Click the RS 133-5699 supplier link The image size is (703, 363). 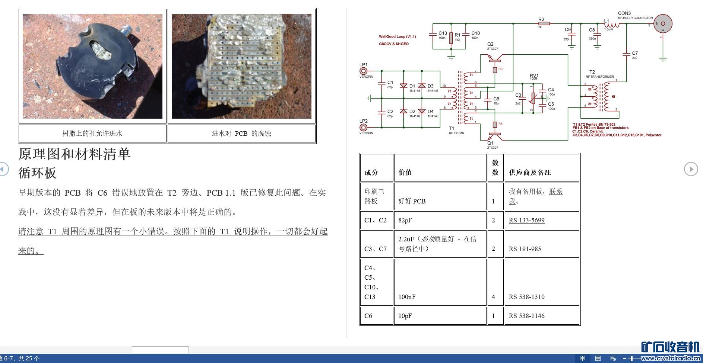[x=526, y=220]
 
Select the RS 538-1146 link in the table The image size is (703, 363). [x=526, y=316]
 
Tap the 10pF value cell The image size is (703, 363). [x=405, y=316]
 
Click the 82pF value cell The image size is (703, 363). [x=405, y=220]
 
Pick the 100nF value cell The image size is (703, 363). [x=407, y=297]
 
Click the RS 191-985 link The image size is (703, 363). [x=525, y=249]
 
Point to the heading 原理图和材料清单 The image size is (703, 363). [x=75, y=154]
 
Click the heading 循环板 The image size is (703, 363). [x=37, y=173]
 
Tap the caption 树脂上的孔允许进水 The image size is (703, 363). [x=92, y=134]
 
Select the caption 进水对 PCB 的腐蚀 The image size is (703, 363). [x=241, y=134]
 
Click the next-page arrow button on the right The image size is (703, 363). [x=691, y=169]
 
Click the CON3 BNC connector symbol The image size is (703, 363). [x=663, y=23]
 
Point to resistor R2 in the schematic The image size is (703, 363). [x=544, y=23]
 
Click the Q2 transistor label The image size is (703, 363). [x=490, y=44]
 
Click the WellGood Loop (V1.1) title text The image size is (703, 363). [x=397, y=36]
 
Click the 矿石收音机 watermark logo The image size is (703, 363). [x=670, y=347]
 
